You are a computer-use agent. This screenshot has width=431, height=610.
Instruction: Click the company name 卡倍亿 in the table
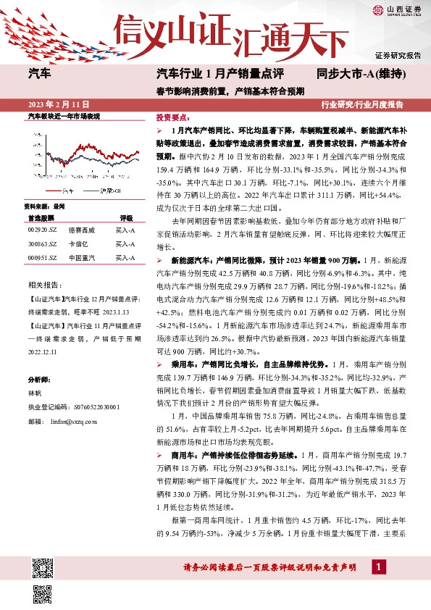pos(79,243)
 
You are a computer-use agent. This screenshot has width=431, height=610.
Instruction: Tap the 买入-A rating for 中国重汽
pos(125,258)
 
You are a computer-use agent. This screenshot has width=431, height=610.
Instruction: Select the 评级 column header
pos(126,217)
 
